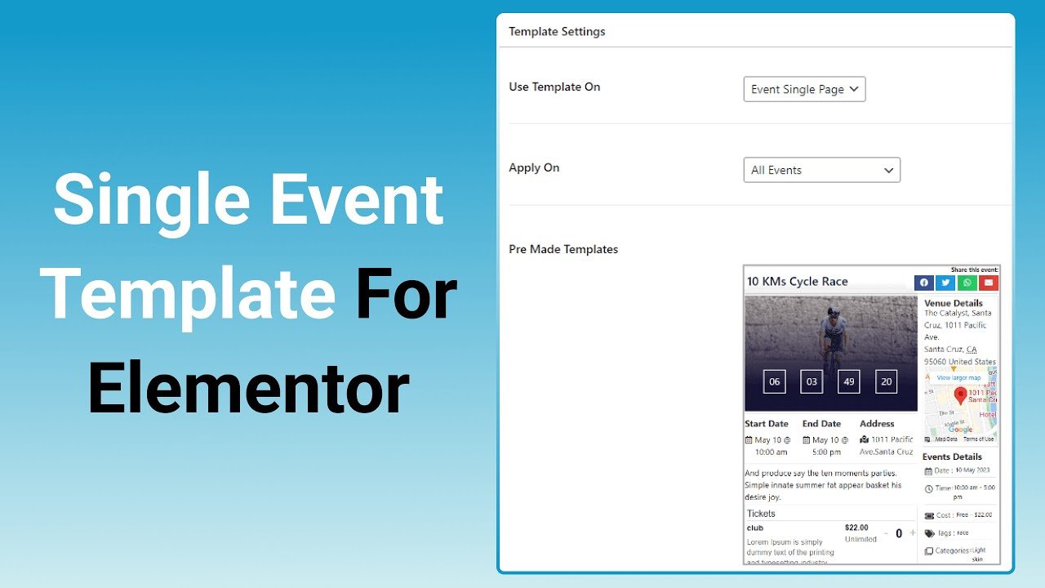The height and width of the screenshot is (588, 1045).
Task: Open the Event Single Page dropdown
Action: tap(804, 89)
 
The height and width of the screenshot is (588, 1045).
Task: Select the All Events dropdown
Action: tap(821, 170)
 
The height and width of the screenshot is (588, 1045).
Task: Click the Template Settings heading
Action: tap(557, 32)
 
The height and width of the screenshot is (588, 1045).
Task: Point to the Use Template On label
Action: tap(554, 87)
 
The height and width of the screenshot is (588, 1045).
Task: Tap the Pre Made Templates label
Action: tap(563, 249)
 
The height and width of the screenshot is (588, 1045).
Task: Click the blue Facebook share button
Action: tap(924, 283)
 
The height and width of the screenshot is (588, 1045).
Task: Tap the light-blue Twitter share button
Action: tap(945, 283)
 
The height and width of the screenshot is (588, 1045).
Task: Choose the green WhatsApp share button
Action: tap(967, 283)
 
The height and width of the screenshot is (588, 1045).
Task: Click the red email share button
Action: tap(989, 283)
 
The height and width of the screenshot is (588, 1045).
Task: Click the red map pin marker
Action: tap(960, 395)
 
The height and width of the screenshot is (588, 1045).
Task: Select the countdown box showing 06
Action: tap(774, 381)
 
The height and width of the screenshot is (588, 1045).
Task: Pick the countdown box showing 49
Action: tap(848, 381)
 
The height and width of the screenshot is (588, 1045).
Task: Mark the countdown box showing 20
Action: tap(886, 381)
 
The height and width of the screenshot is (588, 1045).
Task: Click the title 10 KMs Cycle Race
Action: tap(797, 282)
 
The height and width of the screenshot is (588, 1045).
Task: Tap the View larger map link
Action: tap(958, 378)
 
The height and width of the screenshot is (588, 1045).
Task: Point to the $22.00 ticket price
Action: tap(856, 528)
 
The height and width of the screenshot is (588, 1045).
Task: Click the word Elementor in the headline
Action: tap(248, 390)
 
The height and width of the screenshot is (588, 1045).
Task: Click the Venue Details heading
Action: tap(953, 303)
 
